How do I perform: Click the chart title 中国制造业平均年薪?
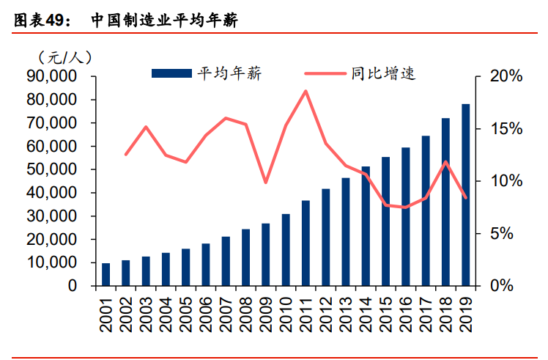tap(166, 21)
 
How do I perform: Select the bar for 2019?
tap(465, 195)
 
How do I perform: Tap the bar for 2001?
tap(106, 274)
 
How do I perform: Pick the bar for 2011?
tap(286, 243)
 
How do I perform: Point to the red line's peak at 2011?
tap(306, 91)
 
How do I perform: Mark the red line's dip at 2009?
tap(266, 183)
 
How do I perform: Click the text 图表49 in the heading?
tap(40, 21)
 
